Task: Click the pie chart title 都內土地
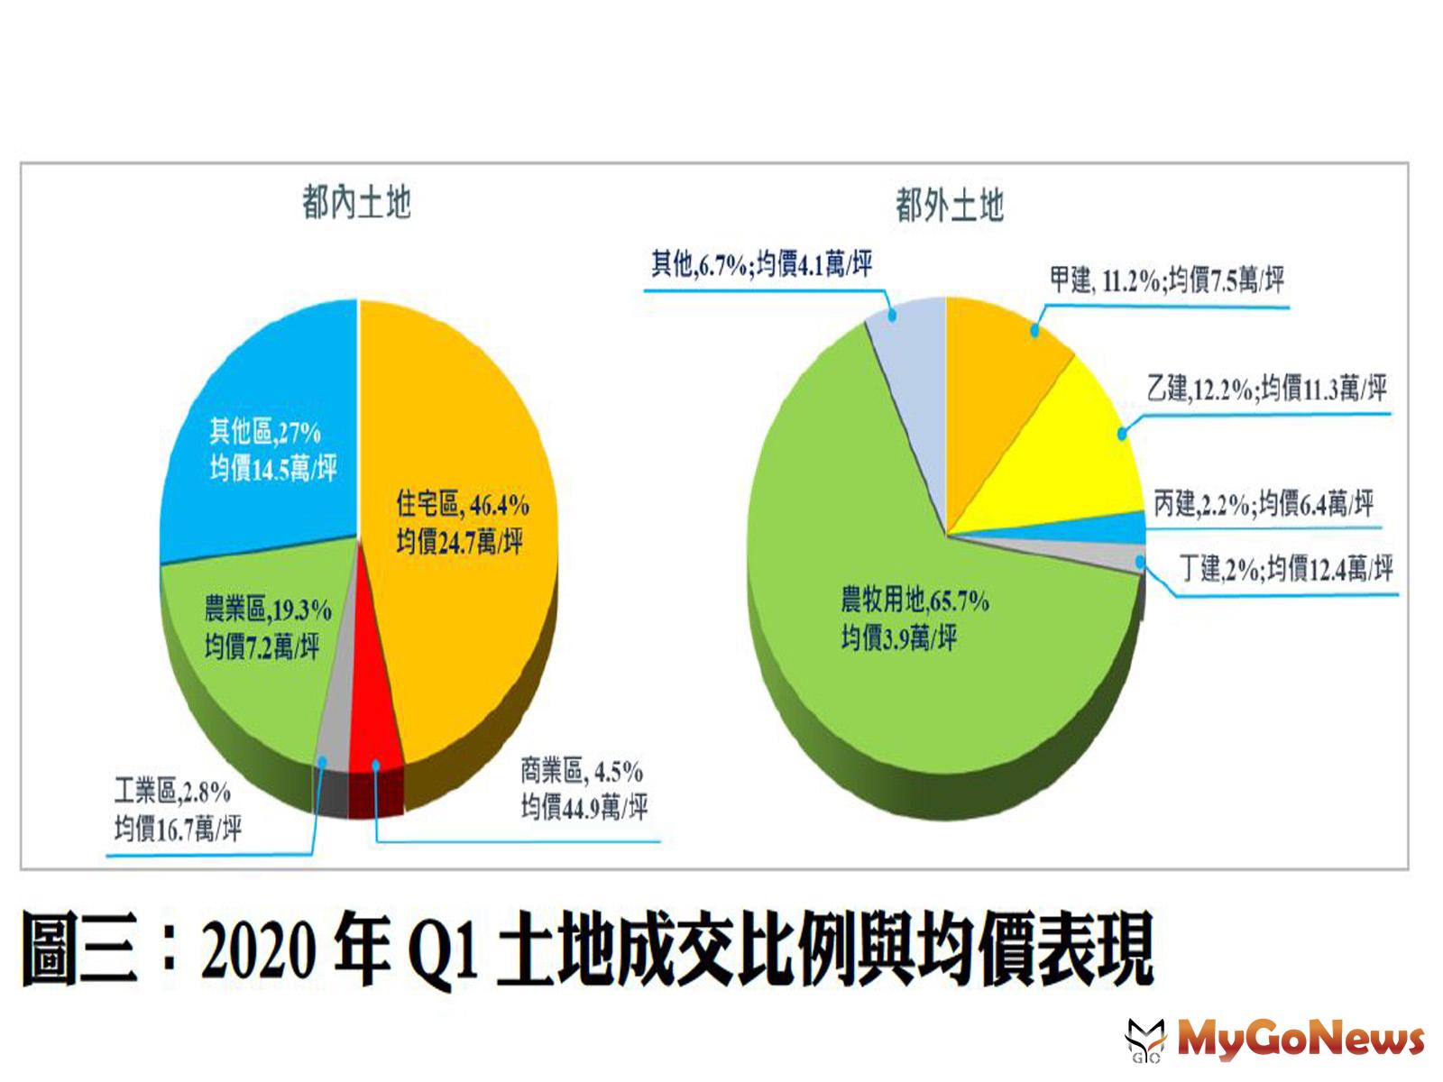pos(356,203)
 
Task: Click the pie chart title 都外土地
pos(949,206)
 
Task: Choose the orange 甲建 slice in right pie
pos(1001,361)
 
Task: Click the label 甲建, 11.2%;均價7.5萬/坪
pos(1166,280)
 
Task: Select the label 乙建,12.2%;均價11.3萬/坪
pos(1266,390)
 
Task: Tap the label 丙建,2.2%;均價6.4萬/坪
pos(1263,503)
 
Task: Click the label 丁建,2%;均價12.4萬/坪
pos(1286,569)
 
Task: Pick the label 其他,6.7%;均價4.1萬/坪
pos(762,264)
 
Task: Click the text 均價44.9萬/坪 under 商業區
pos(584,806)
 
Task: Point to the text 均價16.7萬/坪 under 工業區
pos(178,828)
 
